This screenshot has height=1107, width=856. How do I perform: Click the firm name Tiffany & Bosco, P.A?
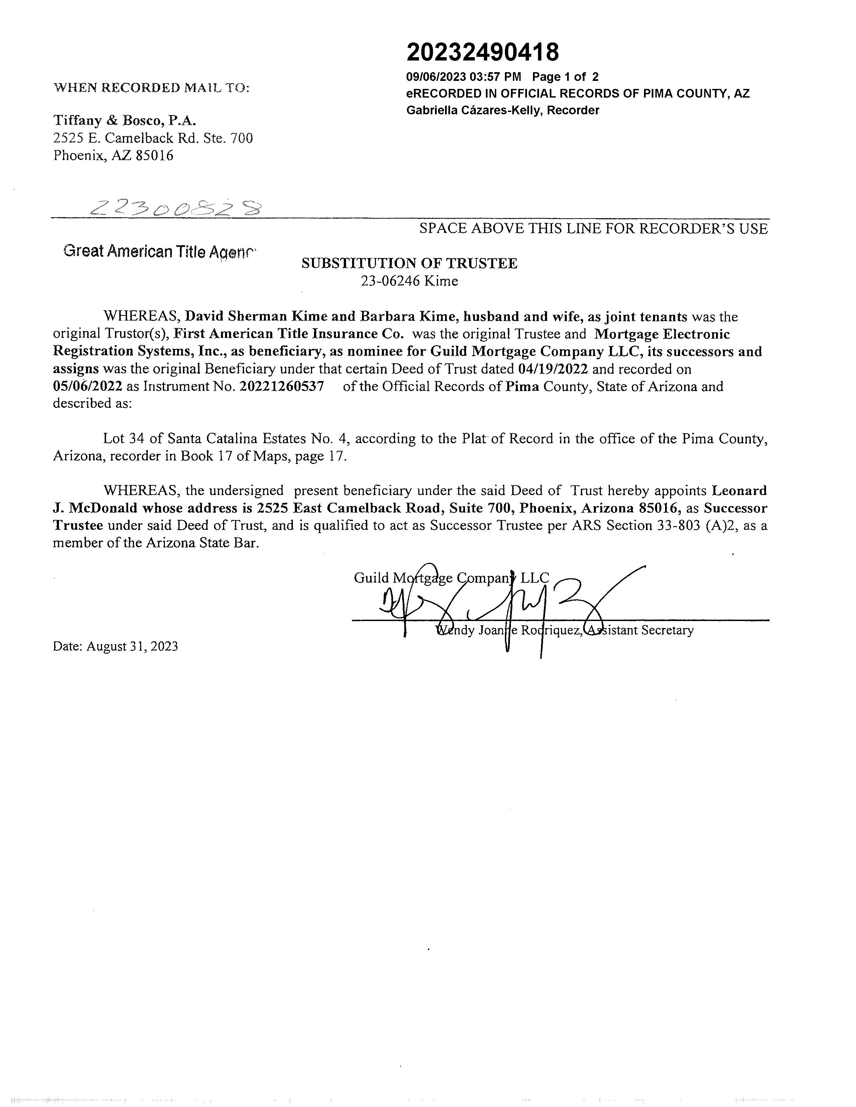click(x=125, y=121)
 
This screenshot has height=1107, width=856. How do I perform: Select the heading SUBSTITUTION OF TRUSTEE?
click(x=409, y=264)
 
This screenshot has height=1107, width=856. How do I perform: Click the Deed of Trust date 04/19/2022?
click(x=553, y=369)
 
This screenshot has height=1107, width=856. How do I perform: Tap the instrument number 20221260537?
click(x=282, y=387)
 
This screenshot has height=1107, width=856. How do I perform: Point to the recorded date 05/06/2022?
click(x=87, y=387)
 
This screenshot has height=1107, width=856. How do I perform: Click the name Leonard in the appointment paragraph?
click(x=739, y=491)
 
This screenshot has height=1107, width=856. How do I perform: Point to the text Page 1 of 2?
click(x=565, y=77)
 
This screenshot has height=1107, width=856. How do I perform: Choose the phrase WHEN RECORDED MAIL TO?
click(x=151, y=88)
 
